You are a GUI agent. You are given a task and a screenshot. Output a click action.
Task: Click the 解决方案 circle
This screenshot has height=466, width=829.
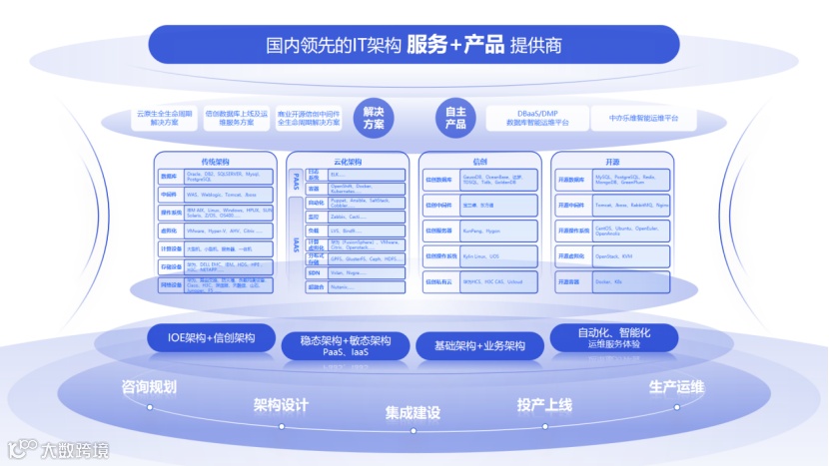pos(374,119)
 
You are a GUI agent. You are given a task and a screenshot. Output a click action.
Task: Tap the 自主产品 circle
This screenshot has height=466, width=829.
pos(455,119)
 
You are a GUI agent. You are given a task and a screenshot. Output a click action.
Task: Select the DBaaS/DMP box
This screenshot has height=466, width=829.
pos(536,118)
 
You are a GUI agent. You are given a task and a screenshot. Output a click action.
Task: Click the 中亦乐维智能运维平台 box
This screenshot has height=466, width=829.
pos(643,118)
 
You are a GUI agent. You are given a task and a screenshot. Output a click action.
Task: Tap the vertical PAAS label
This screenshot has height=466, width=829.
pos(297,181)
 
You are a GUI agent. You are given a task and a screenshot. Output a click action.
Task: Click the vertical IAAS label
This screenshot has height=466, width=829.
pos(297,243)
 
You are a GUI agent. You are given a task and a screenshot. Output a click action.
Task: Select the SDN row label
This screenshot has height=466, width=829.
pos(315,271)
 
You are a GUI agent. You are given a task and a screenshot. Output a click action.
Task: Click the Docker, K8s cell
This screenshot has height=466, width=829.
pos(623,282)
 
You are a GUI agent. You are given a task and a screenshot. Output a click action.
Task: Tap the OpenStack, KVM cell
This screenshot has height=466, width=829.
pos(623,256)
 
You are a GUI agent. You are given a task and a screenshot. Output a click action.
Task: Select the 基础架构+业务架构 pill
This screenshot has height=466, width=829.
pos(479,345)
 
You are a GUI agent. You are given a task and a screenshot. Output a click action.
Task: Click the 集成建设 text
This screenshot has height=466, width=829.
pos(414,412)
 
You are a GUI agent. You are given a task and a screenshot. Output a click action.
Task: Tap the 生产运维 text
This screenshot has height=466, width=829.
pos(676,386)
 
